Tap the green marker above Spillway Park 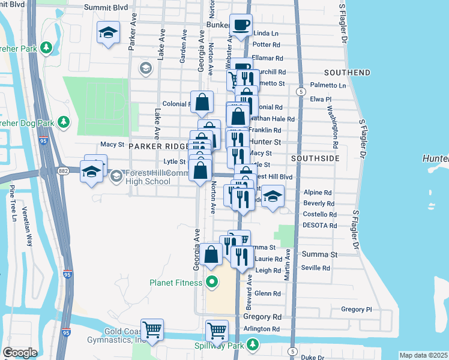[x=253, y=344]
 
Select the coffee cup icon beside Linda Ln [x=241, y=25]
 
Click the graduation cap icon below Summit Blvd [x=108, y=32]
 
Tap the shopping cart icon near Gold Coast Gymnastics [x=153, y=329]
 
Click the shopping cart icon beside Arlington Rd [x=217, y=330]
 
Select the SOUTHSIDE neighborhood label [x=315, y=158]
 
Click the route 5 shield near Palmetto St [x=299, y=91]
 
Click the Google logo [x=20, y=353]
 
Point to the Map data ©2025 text [x=423, y=355]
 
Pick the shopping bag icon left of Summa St [x=212, y=254]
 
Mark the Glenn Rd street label [x=268, y=293]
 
